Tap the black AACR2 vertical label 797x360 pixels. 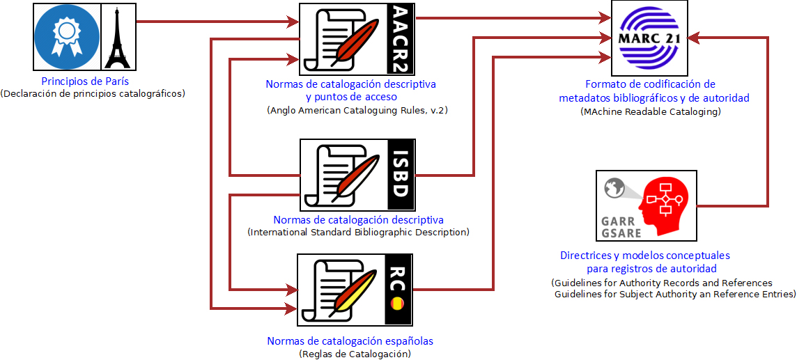pos(401,39)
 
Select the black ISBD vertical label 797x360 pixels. pos(401,175)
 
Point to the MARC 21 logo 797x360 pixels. pos(649,38)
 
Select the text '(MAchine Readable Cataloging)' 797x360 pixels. pos(650,111)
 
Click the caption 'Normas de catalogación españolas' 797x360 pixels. pos(350,341)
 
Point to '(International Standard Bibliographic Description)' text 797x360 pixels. pos(358,232)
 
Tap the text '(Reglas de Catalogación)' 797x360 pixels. pos(355,354)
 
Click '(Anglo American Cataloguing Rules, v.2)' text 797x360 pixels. pos(356,111)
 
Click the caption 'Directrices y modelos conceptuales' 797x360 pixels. pos(644,256)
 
